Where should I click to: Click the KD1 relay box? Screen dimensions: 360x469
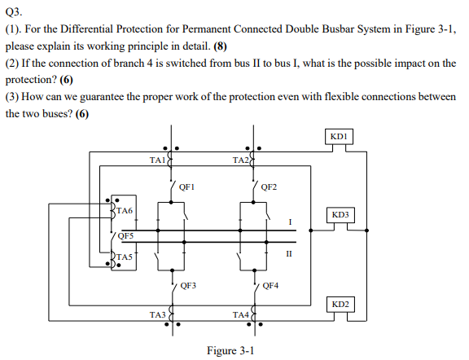340,135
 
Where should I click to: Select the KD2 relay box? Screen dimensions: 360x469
340,304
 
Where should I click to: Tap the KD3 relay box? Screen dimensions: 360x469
340,215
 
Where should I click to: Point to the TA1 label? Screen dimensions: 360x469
158,161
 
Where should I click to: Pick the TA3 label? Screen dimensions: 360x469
158,314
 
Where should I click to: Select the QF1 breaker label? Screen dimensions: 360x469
186,187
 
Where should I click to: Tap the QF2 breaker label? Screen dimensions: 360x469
270,187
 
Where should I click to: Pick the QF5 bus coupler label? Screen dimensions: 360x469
125,235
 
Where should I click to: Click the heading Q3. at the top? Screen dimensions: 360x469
15,12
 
